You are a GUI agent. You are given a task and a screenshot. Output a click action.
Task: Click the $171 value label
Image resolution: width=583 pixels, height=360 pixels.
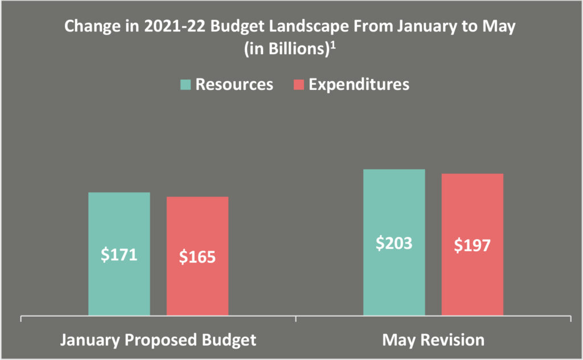click(x=119, y=255)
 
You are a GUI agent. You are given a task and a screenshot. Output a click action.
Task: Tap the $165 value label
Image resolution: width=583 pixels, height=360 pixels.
click(x=198, y=257)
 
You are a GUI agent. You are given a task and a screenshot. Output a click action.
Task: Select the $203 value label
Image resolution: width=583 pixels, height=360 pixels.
click(x=394, y=243)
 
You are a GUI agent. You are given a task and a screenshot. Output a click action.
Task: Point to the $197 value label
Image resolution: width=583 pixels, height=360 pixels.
click(x=472, y=246)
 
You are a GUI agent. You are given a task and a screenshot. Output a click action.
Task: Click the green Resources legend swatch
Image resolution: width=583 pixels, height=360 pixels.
click(x=186, y=85)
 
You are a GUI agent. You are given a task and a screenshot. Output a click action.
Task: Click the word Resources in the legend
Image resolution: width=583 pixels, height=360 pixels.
click(x=234, y=84)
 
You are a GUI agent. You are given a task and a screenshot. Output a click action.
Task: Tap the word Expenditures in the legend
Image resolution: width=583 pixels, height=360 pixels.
click(x=359, y=84)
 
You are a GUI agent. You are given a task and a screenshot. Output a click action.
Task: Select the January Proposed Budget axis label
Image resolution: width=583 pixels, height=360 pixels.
click(x=158, y=340)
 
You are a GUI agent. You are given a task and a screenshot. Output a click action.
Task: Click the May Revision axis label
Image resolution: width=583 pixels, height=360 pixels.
click(x=433, y=340)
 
